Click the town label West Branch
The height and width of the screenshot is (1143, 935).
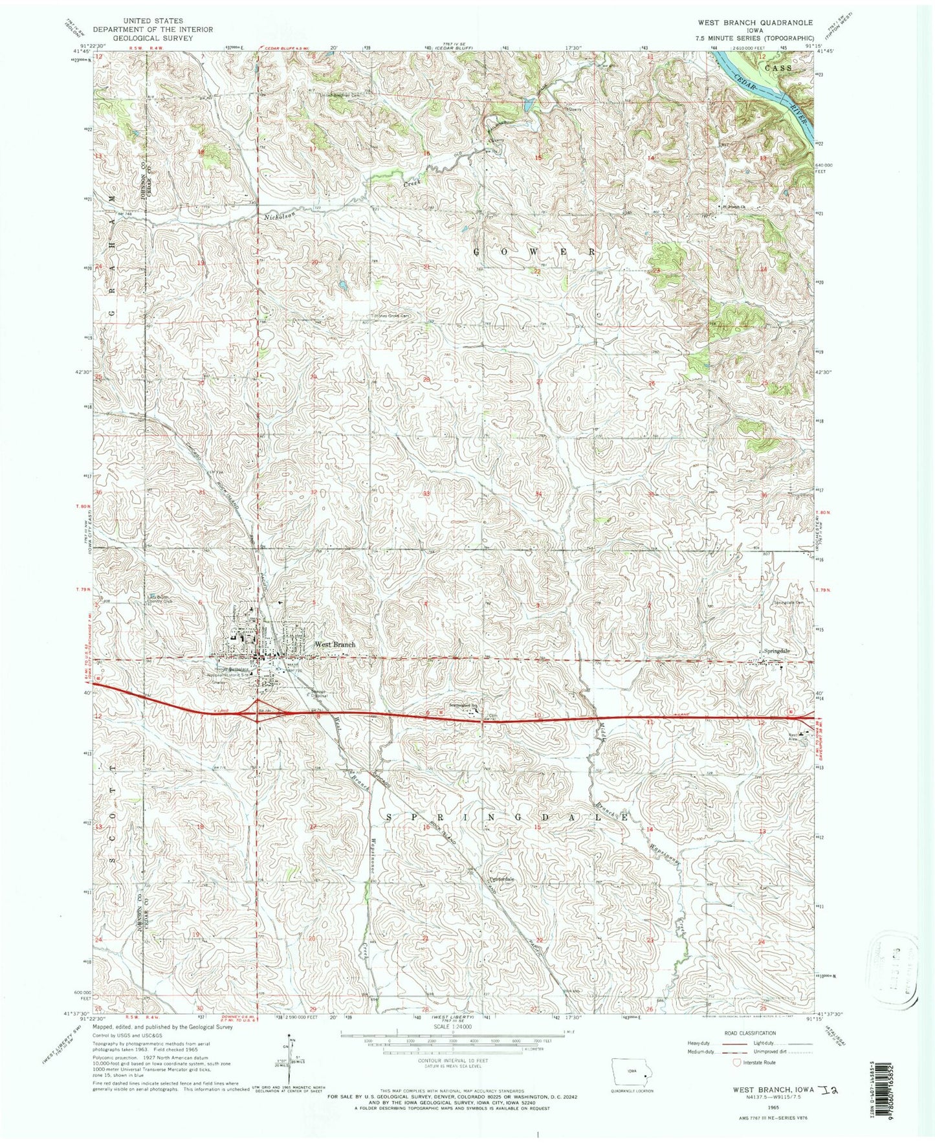point(335,645)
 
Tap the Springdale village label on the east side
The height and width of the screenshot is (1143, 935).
point(777,651)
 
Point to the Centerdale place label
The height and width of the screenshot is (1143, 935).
point(501,880)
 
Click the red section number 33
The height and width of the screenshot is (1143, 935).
point(426,494)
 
